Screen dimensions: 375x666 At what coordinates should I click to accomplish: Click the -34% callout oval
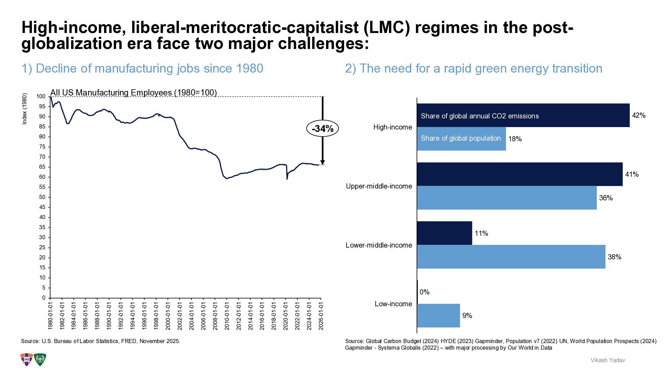point(322,129)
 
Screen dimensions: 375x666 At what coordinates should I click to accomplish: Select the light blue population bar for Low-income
point(438,316)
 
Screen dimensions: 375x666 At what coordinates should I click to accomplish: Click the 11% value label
point(481,233)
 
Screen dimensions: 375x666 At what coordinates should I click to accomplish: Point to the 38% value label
point(614,257)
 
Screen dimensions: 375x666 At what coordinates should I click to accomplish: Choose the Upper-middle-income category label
point(379,186)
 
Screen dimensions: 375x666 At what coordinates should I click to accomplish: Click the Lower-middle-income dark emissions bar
point(444,233)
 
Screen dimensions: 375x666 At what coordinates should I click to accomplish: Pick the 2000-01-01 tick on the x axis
point(168,315)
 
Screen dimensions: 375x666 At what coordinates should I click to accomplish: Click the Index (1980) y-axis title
point(24,109)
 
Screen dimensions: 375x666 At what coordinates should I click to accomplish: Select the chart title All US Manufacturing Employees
point(134,93)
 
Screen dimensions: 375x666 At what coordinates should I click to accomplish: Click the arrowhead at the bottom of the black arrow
point(323,162)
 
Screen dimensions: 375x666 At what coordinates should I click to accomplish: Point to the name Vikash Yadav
point(608,360)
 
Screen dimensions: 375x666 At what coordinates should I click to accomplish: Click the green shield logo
point(40,360)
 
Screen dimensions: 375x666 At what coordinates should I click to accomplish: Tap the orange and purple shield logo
point(27,360)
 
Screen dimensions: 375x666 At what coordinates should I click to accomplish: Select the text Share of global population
point(461,138)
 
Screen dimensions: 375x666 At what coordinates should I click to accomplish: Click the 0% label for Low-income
point(425,292)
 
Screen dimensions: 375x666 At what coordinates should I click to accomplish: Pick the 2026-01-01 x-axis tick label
point(321,315)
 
